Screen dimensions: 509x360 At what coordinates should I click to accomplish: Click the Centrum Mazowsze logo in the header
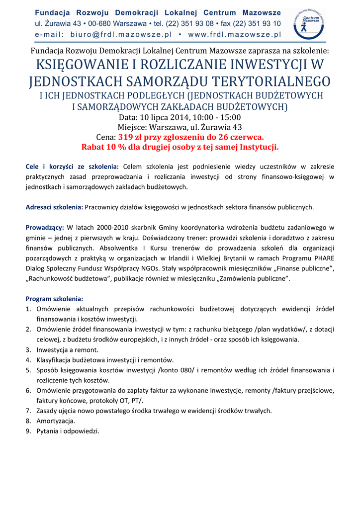[x=309, y=23]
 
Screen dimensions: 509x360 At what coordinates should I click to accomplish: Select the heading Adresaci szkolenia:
[x=55, y=207]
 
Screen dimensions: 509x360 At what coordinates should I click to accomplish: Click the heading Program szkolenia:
[x=55, y=299]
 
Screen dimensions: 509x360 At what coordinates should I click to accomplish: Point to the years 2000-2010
[x=111, y=227]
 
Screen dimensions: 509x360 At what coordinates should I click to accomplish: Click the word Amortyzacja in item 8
[x=56, y=421]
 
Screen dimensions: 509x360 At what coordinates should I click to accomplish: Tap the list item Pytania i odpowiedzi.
[x=68, y=431]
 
